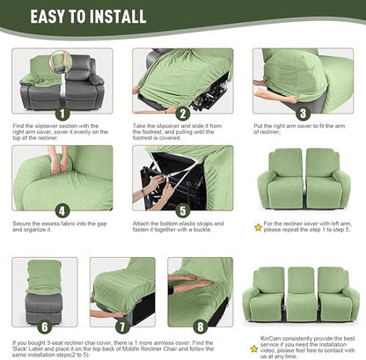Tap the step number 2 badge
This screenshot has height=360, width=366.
coord(182,114)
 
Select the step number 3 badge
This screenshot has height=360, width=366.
coord(302,114)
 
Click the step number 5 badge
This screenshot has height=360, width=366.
coord(182,210)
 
